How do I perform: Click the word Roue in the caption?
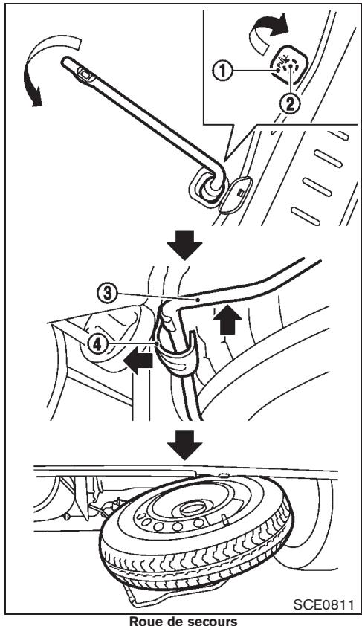pyautogui.click(x=141, y=618)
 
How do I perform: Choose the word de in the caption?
pyautogui.click(x=167, y=618)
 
